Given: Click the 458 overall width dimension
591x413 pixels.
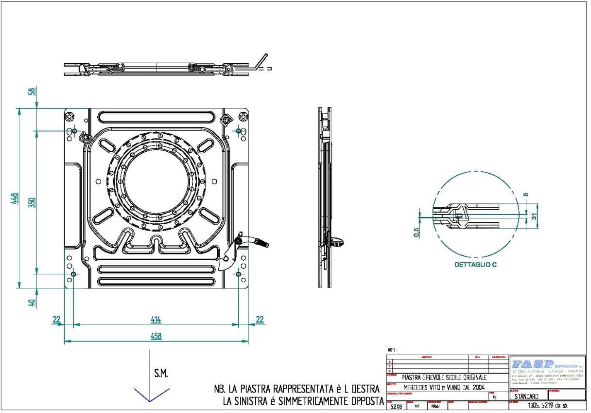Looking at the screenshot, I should [x=156, y=336].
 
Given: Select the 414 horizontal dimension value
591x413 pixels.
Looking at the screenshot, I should [x=156, y=320].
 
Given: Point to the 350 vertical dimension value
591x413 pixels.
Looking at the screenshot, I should [x=32, y=202].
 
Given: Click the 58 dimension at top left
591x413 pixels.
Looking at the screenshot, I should [x=32, y=91].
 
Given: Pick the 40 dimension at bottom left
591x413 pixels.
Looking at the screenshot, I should [x=32, y=303].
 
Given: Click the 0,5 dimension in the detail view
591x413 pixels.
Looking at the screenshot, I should [x=417, y=232].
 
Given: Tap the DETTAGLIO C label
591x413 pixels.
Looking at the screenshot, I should [x=475, y=265].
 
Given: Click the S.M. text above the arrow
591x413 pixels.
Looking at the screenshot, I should [x=161, y=374].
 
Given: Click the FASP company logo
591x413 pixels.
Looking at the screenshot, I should [x=533, y=363].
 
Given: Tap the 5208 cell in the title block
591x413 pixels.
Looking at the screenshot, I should [x=396, y=406].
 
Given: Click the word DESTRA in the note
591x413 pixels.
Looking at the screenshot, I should [x=362, y=389].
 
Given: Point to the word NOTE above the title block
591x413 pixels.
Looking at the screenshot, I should [x=393, y=350].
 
